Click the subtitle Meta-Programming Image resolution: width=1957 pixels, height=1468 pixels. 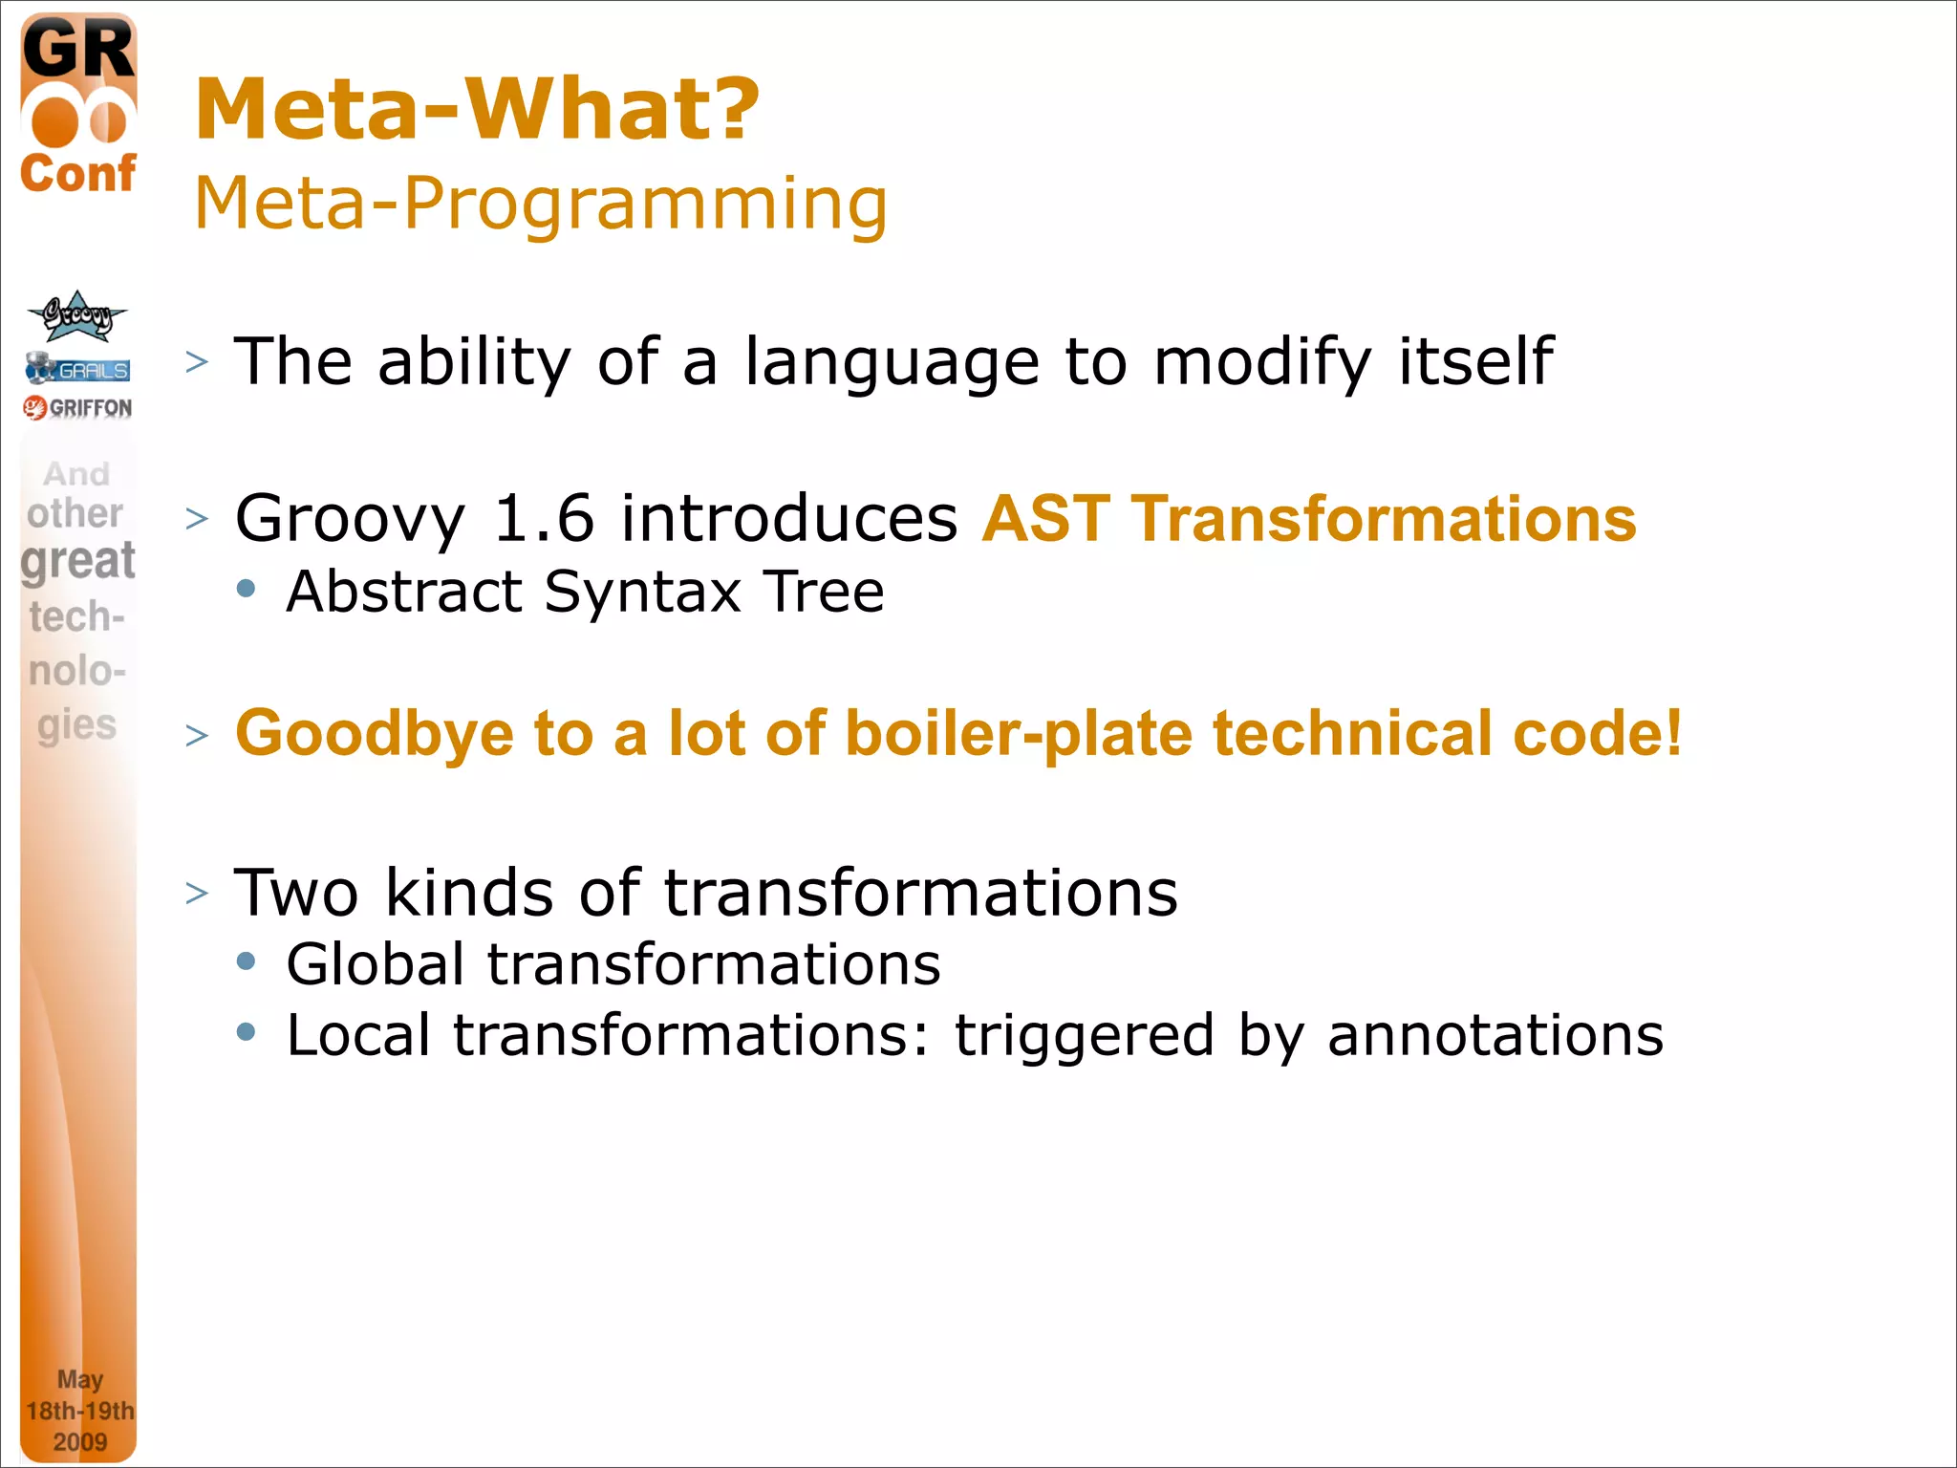pos(541,203)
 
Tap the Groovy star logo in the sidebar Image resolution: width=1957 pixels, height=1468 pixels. pos(76,316)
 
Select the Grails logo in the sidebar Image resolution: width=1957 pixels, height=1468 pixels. pos(78,369)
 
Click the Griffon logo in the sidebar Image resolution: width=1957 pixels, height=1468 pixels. pos(78,408)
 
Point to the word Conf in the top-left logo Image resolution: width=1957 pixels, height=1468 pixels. pos(78,174)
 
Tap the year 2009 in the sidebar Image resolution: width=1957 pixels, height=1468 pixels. pos(79,1441)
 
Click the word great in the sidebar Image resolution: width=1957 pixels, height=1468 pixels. pos(78,561)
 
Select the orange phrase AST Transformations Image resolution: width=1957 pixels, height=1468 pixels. pos(1309,519)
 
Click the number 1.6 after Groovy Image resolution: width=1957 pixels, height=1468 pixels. pos(543,519)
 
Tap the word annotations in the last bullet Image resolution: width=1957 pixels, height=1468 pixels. pos(1495,1035)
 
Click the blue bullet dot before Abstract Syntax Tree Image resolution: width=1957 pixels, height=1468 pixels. pos(247,589)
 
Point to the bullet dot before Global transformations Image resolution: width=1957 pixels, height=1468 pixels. pos(247,961)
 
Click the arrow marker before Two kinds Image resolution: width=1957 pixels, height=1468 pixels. pos(197,893)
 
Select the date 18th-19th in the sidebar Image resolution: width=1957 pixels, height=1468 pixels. pos(79,1411)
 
